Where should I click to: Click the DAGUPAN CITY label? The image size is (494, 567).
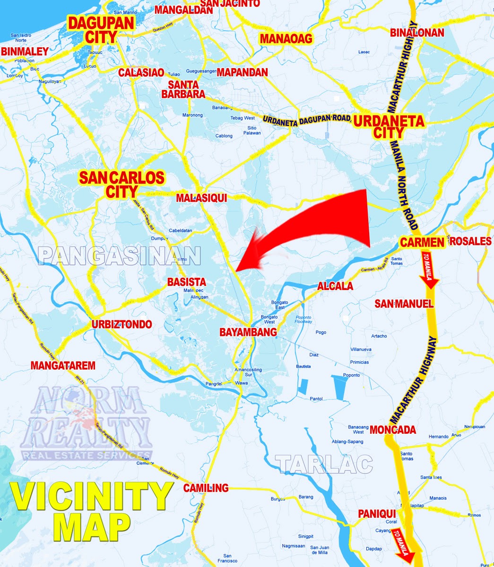point(101,30)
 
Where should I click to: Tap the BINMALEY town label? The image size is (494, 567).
point(25,52)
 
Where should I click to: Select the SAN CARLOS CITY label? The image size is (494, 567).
point(121,185)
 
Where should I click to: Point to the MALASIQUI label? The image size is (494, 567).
point(201,198)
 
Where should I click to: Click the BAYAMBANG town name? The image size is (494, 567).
point(248,332)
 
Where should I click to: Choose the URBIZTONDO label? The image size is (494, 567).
point(122,325)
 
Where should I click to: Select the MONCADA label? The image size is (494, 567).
point(392,430)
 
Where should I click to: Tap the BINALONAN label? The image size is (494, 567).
point(417,33)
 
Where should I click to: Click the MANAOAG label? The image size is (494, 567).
point(286,39)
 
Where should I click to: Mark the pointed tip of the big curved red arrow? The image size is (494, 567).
point(235,271)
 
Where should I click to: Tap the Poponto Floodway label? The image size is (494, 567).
point(303,319)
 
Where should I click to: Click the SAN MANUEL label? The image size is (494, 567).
point(404,303)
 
